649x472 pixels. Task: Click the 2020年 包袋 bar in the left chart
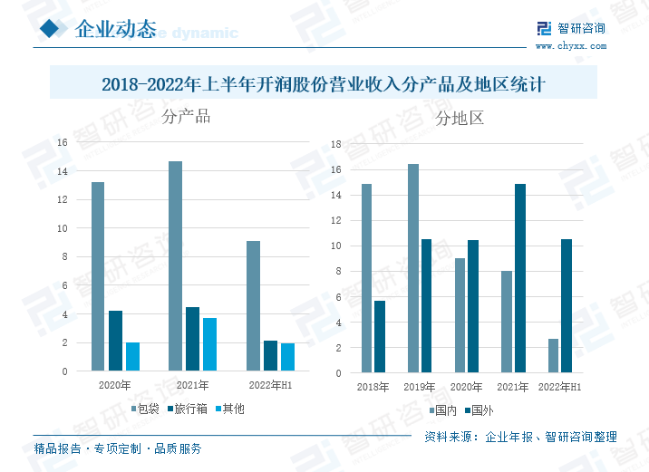coord(98,276)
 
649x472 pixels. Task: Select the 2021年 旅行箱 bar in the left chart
coord(192,339)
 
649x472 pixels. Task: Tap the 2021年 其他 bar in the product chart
coord(209,344)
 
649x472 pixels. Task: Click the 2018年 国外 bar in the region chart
coord(380,337)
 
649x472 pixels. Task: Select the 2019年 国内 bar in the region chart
coord(412,268)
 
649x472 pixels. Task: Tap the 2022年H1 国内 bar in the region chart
coord(553,355)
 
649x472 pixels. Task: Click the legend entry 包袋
coord(146,409)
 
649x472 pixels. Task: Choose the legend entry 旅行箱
coord(188,409)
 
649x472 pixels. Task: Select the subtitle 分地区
coord(460,118)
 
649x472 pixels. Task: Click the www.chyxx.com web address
coord(570,45)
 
